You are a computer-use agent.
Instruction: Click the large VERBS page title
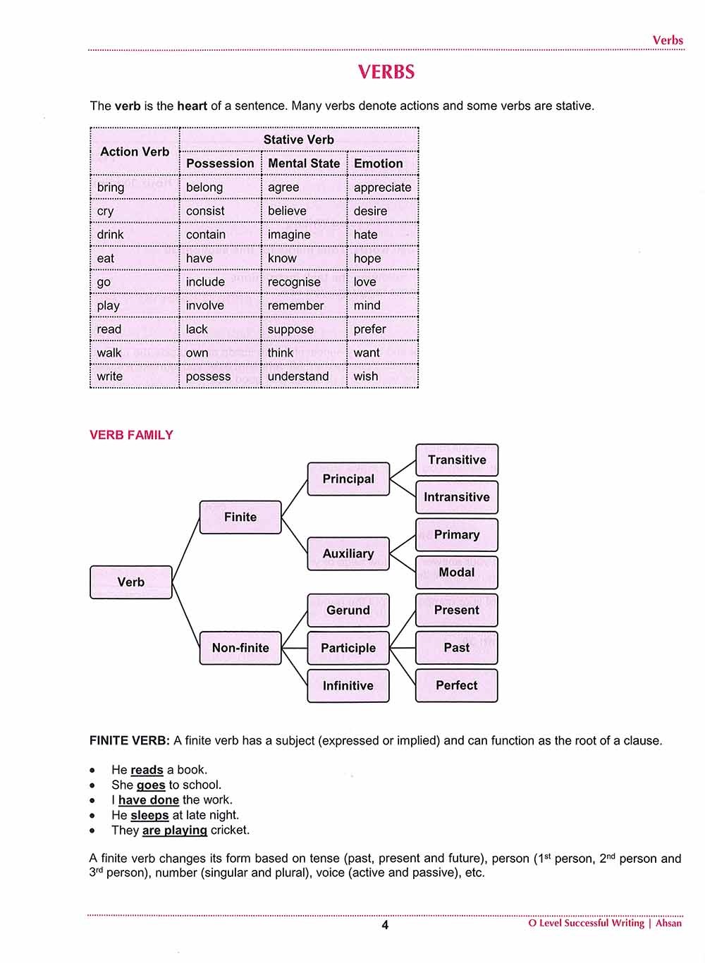[386, 72]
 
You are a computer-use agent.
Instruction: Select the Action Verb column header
[135, 152]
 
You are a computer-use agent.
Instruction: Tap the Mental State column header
[304, 164]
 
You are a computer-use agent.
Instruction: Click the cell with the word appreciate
[382, 188]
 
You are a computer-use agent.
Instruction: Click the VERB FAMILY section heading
[131, 435]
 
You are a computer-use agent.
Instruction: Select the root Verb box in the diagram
[131, 582]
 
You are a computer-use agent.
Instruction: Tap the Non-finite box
[240, 648]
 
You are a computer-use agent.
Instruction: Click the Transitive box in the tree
[457, 460]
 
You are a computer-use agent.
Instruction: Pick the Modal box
[457, 572]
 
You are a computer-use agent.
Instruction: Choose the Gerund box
[348, 611]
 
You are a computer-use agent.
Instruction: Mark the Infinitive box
[348, 686]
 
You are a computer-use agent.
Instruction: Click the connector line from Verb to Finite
[186, 550]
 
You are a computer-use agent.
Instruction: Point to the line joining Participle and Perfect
[403, 666]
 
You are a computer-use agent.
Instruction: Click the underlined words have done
[148, 800]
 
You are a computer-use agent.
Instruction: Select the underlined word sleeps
[149, 815]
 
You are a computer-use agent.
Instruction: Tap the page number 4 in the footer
[385, 925]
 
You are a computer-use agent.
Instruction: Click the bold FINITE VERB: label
[130, 741]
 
